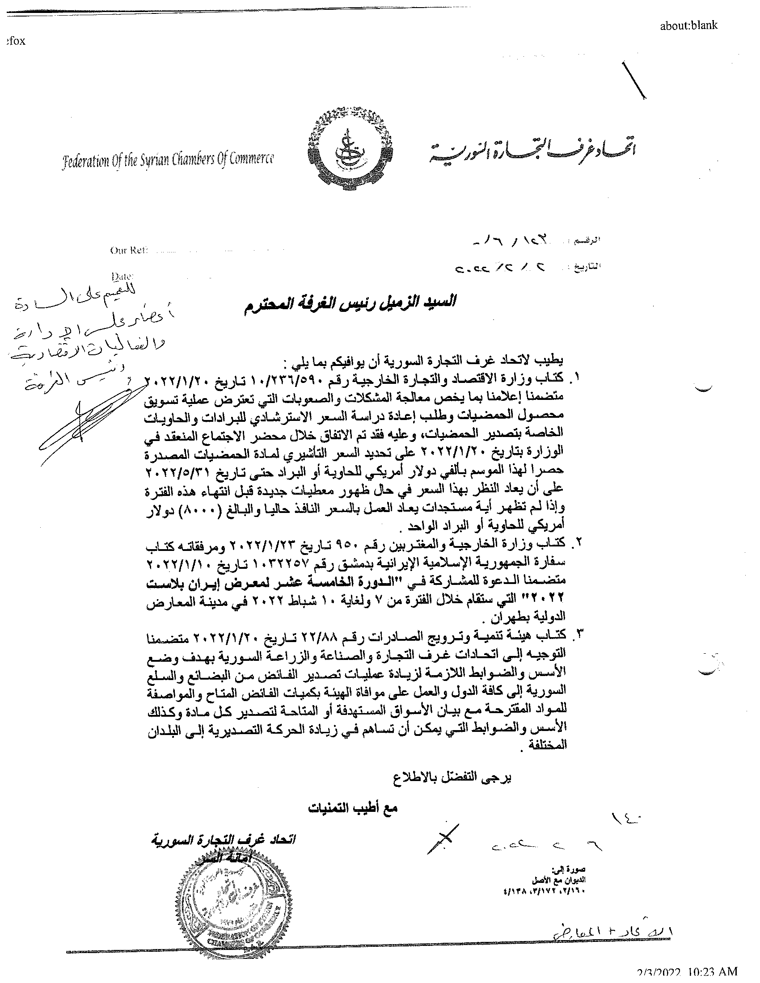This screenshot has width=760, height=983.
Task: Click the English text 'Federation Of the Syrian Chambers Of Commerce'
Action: pos(168,160)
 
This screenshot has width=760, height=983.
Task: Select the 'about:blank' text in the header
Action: pos(688,25)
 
